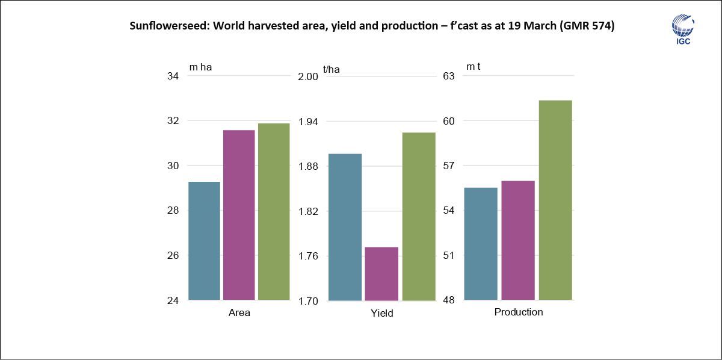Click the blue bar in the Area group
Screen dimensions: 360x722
204,241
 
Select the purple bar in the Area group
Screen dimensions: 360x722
239,215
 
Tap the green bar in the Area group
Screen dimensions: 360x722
274,211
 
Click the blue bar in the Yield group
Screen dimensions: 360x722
345,227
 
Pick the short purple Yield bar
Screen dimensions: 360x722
381,273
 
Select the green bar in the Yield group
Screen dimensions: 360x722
419,216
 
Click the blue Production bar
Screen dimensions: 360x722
481,244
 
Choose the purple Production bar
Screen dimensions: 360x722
518,240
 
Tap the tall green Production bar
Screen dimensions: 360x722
555,200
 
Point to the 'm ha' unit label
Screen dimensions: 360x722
200,67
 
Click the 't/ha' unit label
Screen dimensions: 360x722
332,69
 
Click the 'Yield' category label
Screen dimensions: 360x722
381,313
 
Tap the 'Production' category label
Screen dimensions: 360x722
518,312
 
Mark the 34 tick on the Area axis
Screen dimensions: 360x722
173,76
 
